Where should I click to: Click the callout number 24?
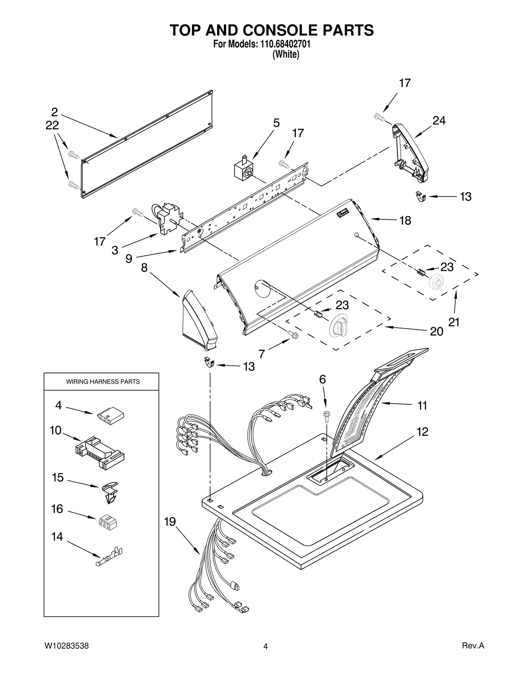pos(439,121)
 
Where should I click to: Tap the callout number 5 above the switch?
pos(276,123)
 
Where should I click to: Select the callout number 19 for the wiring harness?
pos(170,522)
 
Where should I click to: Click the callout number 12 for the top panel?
pos(422,432)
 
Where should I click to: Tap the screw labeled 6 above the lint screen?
pos(326,417)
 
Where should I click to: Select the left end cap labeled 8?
pos(198,321)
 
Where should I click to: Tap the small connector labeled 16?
pos(107,522)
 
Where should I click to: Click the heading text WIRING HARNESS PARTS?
pos(103,382)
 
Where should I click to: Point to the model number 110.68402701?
pos(284,44)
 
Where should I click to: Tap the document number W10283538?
pos(66,646)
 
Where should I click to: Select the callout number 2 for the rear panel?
pos(55,112)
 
